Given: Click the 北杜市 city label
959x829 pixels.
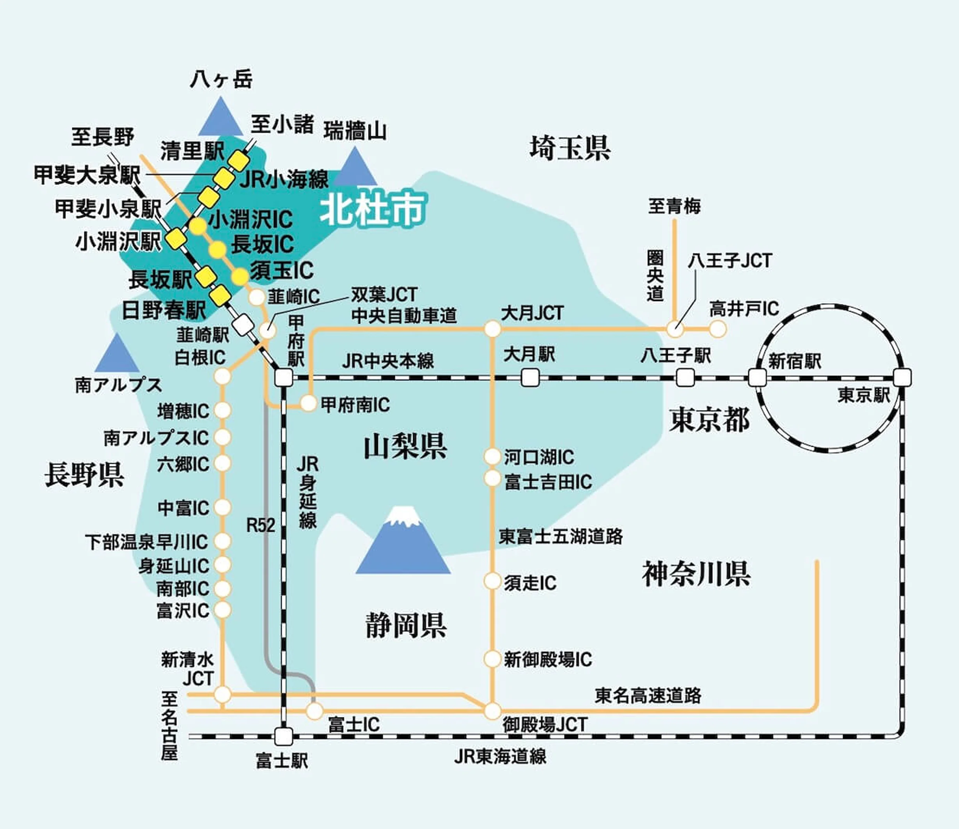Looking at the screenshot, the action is (373, 209).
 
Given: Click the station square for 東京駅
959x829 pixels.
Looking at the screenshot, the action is (902, 377).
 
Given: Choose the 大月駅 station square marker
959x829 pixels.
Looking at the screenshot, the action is (530, 378).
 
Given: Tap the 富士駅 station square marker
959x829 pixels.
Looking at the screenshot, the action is (284, 735).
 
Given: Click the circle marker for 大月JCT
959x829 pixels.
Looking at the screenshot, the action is (493, 329).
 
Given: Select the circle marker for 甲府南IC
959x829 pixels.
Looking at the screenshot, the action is (308, 403).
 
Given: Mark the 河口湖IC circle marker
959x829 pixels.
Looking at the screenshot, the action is (493, 456).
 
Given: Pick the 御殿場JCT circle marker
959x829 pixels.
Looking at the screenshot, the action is (493, 710).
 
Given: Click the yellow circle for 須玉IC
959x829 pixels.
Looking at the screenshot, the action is (240, 277).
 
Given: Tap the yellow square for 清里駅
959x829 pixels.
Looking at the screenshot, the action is (240, 160).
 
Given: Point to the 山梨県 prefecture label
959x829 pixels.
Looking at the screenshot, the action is (406, 446).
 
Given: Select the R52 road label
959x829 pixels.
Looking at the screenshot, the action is (261, 525).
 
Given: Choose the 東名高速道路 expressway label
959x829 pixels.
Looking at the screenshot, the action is (648, 695).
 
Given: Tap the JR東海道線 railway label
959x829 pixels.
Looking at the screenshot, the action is (500, 756).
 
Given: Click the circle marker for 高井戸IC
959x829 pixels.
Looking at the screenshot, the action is (717, 329).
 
